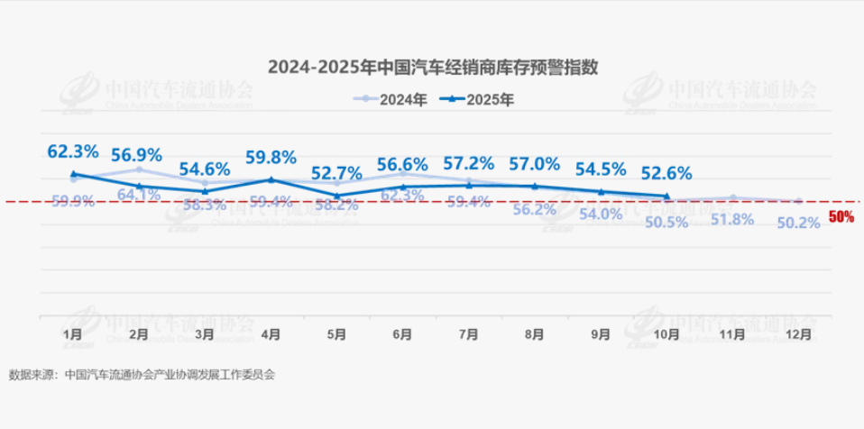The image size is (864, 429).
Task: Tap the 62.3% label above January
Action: point(73,151)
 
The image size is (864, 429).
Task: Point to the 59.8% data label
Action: point(271,158)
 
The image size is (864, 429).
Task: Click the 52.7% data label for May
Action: point(336,173)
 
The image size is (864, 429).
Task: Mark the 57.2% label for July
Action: point(468,164)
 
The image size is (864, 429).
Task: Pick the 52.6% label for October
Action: point(666,173)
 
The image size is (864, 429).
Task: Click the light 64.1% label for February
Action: point(139,194)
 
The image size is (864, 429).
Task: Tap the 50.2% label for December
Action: point(798,223)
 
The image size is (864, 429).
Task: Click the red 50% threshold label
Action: point(841,217)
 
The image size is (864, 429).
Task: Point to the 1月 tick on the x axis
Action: point(73,334)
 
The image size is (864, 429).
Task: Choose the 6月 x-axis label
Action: point(402,334)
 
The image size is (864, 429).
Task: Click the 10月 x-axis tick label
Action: point(666,334)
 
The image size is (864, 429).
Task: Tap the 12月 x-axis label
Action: point(798,334)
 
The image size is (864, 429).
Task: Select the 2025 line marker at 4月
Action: point(271,179)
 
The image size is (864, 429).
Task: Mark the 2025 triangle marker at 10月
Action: point(666,196)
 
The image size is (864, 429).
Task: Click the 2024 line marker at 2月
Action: point(139,169)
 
